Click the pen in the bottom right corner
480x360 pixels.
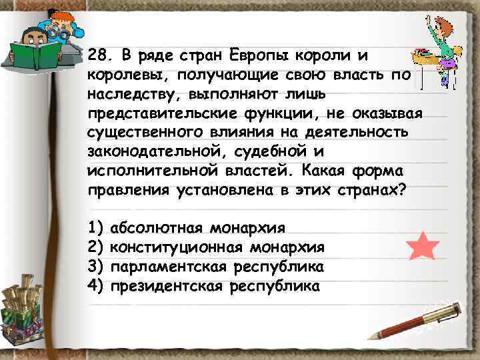[413, 321]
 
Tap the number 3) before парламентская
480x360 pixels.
[96, 267]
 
